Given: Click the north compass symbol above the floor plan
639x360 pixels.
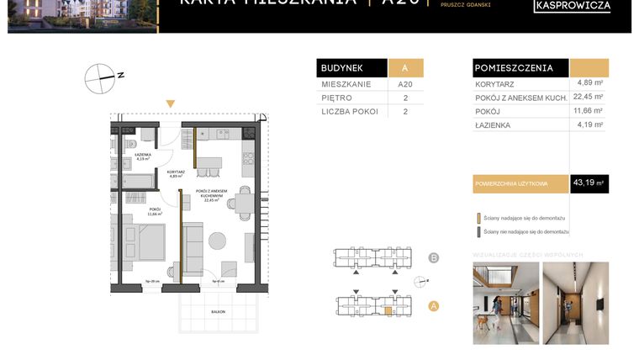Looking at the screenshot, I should pos(100,77).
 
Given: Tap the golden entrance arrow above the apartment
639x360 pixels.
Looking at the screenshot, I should pos(171,104).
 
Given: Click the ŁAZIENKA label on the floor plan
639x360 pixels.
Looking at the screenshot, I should pos(142,155).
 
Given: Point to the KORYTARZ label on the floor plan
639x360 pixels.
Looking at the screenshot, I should pos(176,172).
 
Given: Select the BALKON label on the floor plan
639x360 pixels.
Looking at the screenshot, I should pos(207,311).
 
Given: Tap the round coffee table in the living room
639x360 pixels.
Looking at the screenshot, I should pos(217,241).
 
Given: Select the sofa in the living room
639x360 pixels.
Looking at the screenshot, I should pos(193,243).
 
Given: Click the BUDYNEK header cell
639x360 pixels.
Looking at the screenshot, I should pos(351,68).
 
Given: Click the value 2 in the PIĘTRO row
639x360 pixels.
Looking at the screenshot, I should pos(405,98).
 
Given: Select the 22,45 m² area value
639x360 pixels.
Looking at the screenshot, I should pos(589,97).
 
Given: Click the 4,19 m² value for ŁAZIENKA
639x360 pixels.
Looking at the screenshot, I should pos(589,124).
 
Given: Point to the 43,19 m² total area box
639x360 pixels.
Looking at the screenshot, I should pos(589,183).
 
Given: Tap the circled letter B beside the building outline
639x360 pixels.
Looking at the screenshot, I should pos(434,257).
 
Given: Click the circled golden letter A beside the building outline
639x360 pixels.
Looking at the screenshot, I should pos(434,306).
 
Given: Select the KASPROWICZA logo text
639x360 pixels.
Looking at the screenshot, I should pos(572,7).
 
